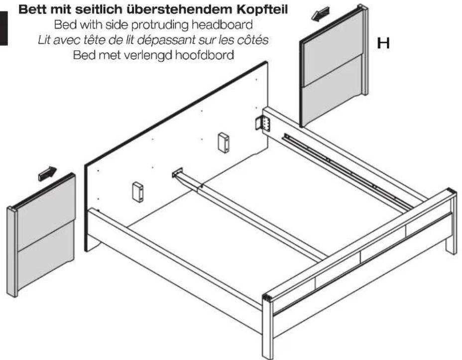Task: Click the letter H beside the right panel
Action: pyautogui.click(x=383, y=44)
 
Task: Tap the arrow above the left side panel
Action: pyautogui.click(x=48, y=173)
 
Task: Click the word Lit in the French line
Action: pyautogui.click(x=45, y=40)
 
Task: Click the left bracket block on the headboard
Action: pyautogui.click(x=138, y=192)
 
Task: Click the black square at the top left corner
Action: pyautogui.click(x=4, y=28)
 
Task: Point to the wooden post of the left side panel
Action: pyautogui.click(x=12, y=251)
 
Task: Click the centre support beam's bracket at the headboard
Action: pyautogui.click(x=178, y=173)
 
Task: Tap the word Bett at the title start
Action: pyautogui.click(x=32, y=9)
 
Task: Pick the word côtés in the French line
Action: pyautogui.click(x=253, y=40)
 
